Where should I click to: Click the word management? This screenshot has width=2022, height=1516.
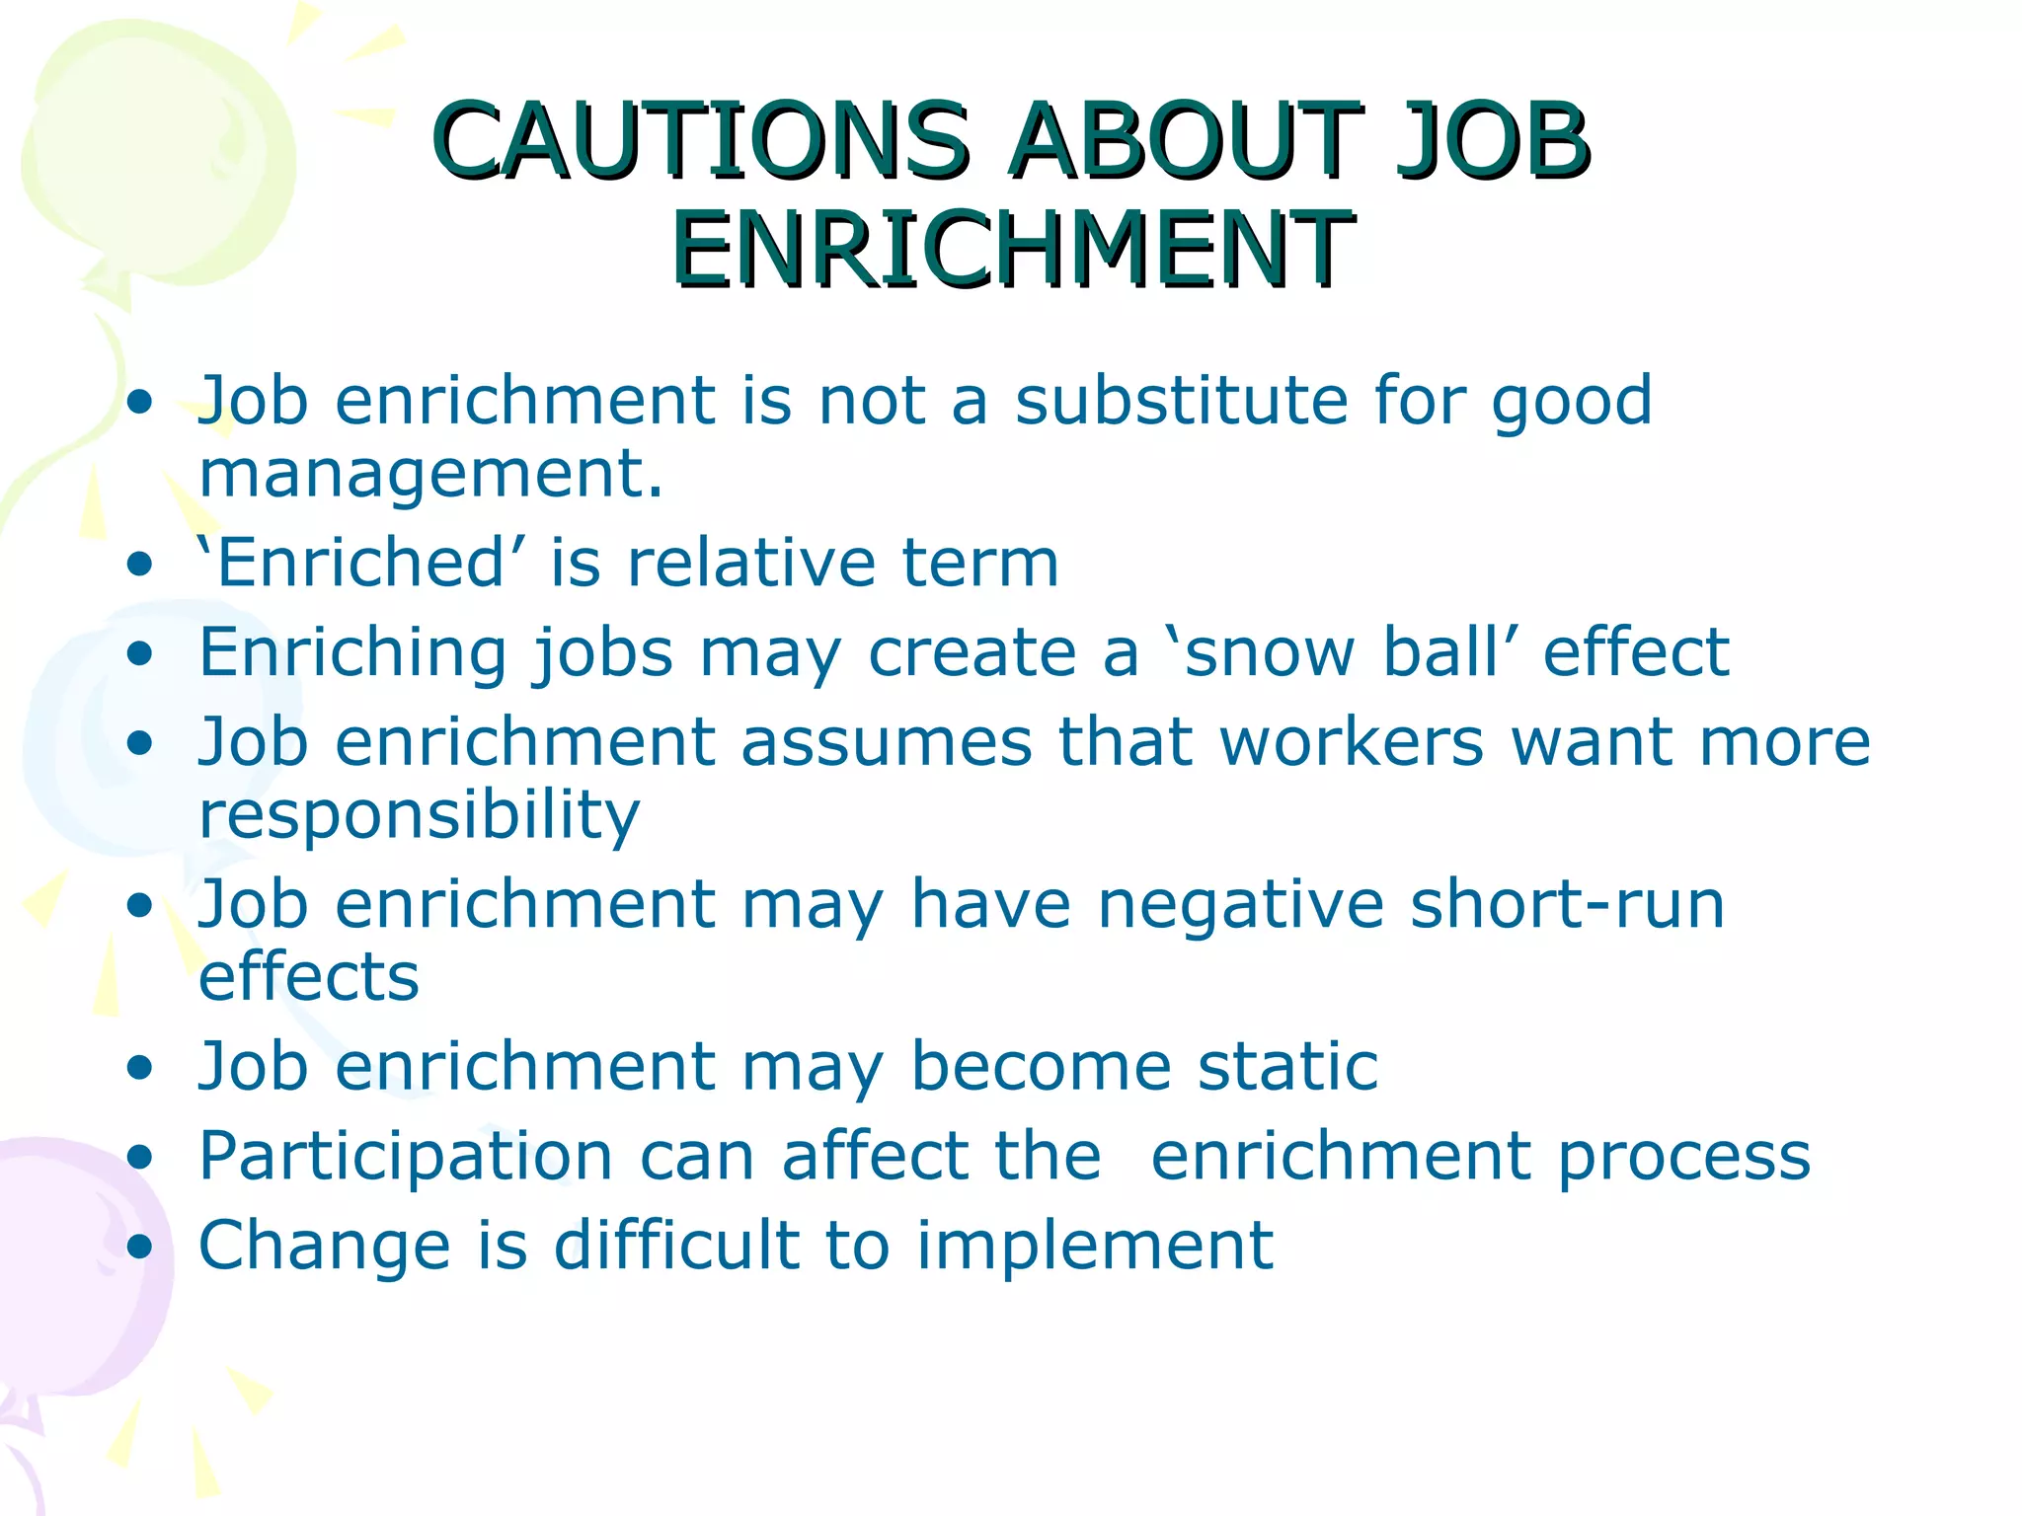(430, 475)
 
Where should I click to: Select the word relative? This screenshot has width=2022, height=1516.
(751, 563)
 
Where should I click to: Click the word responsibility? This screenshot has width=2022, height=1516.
(420, 815)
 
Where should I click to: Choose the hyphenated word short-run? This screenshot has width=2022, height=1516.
(1567, 904)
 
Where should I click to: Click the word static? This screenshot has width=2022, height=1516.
(1287, 1067)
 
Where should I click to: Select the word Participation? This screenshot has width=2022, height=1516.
(406, 1157)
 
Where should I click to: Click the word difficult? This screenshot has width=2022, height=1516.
(676, 1246)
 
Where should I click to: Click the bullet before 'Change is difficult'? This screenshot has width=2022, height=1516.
(141, 1246)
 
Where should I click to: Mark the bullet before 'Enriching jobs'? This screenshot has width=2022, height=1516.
(141, 653)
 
